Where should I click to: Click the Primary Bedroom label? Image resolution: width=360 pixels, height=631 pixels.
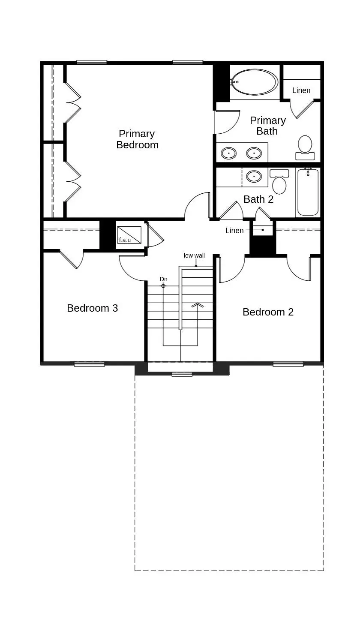pyautogui.click(x=137, y=139)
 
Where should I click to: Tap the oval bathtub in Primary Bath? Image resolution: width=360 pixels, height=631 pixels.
pyautogui.click(x=255, y=82)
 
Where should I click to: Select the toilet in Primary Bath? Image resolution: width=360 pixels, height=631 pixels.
pyautogui.click(x=305, y=148)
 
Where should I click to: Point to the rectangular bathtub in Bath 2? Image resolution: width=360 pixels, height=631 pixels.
pyautogui.click(x=308, y=192)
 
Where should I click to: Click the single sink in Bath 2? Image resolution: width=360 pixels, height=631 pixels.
pyautogui.click(x=254, y=177)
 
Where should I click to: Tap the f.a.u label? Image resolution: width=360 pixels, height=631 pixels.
pyautogui.click(x=125, y=240)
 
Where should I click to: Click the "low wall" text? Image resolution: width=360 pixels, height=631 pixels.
pyautogui.click(x=194, y=255)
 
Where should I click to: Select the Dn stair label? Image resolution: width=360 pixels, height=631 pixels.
pyautogui.click(x=163, y=279)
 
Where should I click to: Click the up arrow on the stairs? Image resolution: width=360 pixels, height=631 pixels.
pyautogui.click(x=198, y=305)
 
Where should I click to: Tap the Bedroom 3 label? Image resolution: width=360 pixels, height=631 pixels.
pyautogui.click(x=93, y=308)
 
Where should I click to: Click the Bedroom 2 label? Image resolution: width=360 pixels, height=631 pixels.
pyautogui.click(x=268, y=312)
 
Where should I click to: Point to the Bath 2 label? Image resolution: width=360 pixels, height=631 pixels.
pyautogui.click(x=258, y=199)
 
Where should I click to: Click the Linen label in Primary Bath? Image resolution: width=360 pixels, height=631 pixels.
pyautogui.click(x=301, y=90)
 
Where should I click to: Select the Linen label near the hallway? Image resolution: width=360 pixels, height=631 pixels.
pyautogui.click(x=234, y=231)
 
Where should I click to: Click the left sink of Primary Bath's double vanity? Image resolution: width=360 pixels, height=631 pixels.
pyautogui.click(x=229, y=153)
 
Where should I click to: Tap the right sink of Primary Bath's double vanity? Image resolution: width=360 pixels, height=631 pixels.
pyautogui.click(x=254, y=153)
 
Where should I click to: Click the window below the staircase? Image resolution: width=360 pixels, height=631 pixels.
pyautogui.click(x=182, y=374)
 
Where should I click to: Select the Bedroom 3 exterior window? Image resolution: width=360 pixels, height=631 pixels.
pyautogui.click(x=89, y=364)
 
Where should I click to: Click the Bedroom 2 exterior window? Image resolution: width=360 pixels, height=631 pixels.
pyautogui.click(x=288, y=364)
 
